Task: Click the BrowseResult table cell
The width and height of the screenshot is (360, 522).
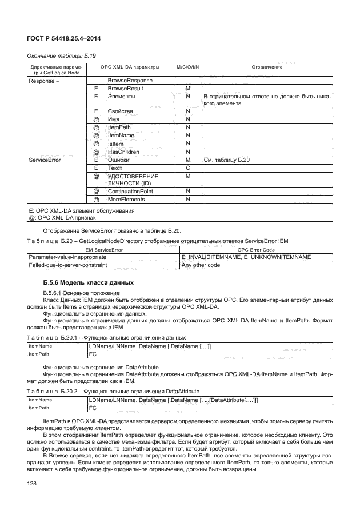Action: tap(125, 89)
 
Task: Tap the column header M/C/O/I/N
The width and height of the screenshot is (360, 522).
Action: tap(187, 67)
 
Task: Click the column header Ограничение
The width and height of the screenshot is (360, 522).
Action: tap(266, 67)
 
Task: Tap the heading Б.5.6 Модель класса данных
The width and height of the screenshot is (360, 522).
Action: tap(88, 283)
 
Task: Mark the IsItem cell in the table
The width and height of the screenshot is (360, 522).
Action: tap(116, 144)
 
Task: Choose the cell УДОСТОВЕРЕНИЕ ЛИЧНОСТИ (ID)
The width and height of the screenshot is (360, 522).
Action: tap(132, 180)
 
